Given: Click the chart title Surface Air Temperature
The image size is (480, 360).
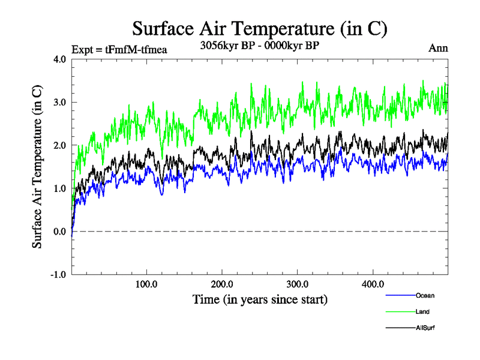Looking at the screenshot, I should [x=259, y=28].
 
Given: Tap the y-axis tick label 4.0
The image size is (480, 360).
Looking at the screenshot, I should [x=59, y=59].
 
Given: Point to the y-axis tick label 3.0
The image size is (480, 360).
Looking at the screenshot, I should [x=59, y=103].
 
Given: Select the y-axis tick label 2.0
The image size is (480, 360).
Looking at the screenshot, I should [x=59, y=146].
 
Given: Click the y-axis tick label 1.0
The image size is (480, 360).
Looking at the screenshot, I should [x=59, y=189].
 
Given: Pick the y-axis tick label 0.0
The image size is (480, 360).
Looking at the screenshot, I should [x=59, y=232].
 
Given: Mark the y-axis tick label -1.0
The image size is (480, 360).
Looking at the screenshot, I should [x=58, y=275].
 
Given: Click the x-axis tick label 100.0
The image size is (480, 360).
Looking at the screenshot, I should [x=147, y=284].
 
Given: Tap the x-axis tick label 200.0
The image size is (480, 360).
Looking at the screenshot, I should [x=222, y=284].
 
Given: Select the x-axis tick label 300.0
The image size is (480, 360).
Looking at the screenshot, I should [x=298, y=284].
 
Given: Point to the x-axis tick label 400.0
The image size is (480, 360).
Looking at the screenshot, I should [x=373, y=284].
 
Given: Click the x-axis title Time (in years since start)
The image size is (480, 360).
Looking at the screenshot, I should [x=260, y=299].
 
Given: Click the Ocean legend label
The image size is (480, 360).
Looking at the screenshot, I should [x=425, y=295].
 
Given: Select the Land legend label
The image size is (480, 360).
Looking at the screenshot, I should [x=422, y=311].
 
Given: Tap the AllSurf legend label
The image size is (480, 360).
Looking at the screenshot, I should [x=425, y=328].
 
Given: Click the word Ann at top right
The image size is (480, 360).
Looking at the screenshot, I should [x=437, y=49].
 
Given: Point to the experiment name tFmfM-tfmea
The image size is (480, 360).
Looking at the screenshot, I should [x=136, y=49].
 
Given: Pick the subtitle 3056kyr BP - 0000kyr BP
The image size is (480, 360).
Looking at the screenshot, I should [x=259, y=46].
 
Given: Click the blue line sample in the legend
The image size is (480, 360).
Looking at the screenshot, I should [x=399, y=295].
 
